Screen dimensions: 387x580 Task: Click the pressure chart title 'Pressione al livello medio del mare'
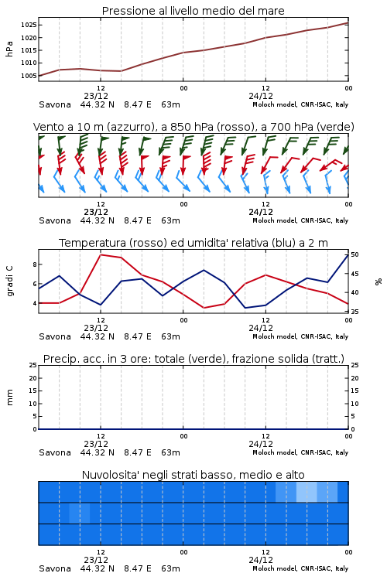coord(193,11)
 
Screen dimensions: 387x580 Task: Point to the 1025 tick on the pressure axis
coord(28,26)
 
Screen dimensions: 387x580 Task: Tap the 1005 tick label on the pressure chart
coord(28,76)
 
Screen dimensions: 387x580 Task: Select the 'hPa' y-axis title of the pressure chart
coord(9,49)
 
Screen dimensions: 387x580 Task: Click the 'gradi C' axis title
coord(9,281)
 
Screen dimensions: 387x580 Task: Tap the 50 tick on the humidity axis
coord(354,254)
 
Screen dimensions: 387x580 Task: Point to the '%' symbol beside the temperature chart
coord(378,281)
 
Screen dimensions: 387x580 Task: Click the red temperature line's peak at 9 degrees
coord(101,254)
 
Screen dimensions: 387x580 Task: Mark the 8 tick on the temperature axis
coord(35,264)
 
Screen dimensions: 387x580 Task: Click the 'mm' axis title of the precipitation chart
coord(9,397)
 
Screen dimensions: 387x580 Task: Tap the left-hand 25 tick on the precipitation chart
coord(33,365)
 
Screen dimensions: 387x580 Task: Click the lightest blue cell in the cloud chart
coord(307,492)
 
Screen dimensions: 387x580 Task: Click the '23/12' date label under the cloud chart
coord(96,560)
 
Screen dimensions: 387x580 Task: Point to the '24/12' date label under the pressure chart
coord(261,96)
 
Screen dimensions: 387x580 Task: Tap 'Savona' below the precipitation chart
coord(55,452)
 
